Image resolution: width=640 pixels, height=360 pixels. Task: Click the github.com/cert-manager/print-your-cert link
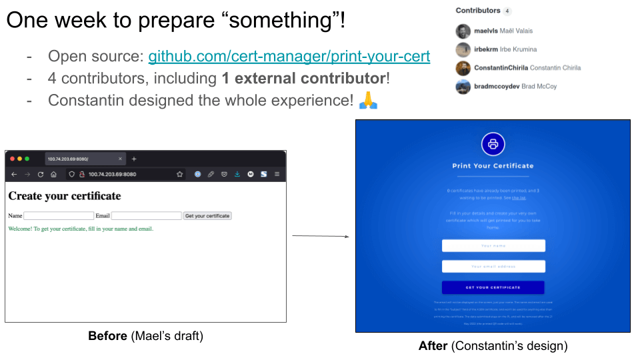click(x=289, y=56)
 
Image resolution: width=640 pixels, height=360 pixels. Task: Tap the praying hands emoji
click(x=368, y=101)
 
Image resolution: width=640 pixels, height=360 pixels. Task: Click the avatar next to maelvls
click(x=463, y=31)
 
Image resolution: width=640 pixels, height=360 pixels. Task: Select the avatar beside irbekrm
click(x=463, y=49)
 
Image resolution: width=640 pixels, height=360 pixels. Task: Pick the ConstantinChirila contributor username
click(x=501, y=68)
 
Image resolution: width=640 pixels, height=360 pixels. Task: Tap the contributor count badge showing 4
click(x=507, y=11)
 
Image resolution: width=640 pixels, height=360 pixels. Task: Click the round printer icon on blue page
click(x=493, y=144)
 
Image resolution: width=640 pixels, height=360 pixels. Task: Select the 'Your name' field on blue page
click(x=493, y=246)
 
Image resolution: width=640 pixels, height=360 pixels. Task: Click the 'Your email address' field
click(x=493, y=267)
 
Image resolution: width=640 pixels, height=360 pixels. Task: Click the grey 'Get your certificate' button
click(x=207, y=216)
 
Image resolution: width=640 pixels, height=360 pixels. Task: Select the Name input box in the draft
click(x=59, y=216)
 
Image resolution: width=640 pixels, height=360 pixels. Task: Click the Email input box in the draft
click(x=146, y=216)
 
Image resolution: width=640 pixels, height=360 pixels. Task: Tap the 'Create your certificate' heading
click(x=65, y=196)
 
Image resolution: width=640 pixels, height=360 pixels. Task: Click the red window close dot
click(x=12, y=159)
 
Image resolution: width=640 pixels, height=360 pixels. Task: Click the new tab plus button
click(x=134, y=159)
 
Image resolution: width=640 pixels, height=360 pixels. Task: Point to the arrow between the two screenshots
click(x=321, y=236)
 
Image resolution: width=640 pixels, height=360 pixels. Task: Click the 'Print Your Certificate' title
click(x=493, y=166)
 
